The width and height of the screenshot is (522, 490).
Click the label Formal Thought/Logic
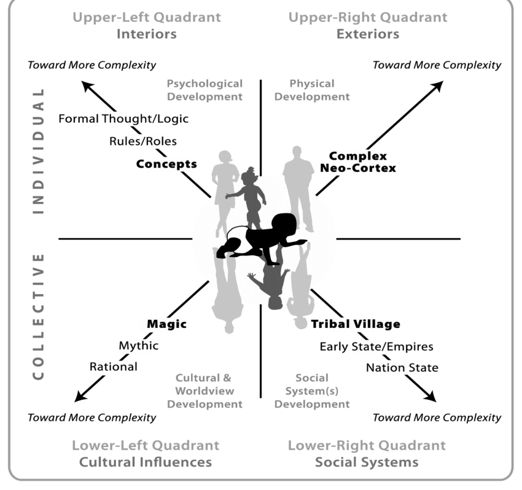[x=123, y=119]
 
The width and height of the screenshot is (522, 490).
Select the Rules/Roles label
[x=143, y=141]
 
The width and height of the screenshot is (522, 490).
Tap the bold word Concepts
[x=166, y=164]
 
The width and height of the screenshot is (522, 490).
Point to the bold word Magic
[x=166, y=324]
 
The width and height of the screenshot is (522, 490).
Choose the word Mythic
[x=138, y=346]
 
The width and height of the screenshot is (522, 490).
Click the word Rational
[x=114, y=367]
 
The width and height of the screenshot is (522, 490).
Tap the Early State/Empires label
[x=376, y=346]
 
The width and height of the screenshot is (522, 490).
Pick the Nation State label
[x=402, y=368]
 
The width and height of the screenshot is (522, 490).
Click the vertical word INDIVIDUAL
[x=39, y=150]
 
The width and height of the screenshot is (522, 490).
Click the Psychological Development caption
[x=205, y=90]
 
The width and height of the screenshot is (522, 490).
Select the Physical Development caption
[x=311, y=90]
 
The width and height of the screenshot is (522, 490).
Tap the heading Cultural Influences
[x=145, y=462]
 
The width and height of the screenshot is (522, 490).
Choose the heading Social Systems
[x=367, y=462]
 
